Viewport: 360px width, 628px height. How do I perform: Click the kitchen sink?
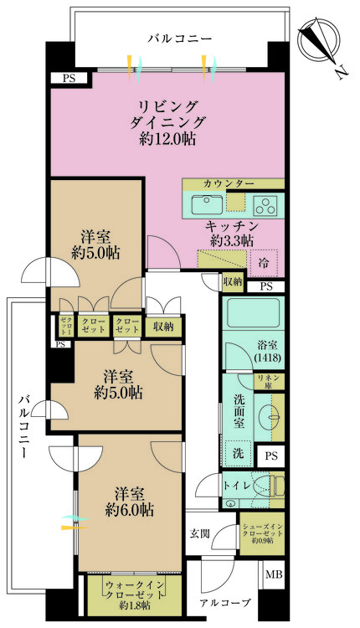205,203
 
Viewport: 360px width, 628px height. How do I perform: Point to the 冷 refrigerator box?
264,262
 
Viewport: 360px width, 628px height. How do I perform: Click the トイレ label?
234,484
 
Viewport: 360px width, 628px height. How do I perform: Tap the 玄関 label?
199,533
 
